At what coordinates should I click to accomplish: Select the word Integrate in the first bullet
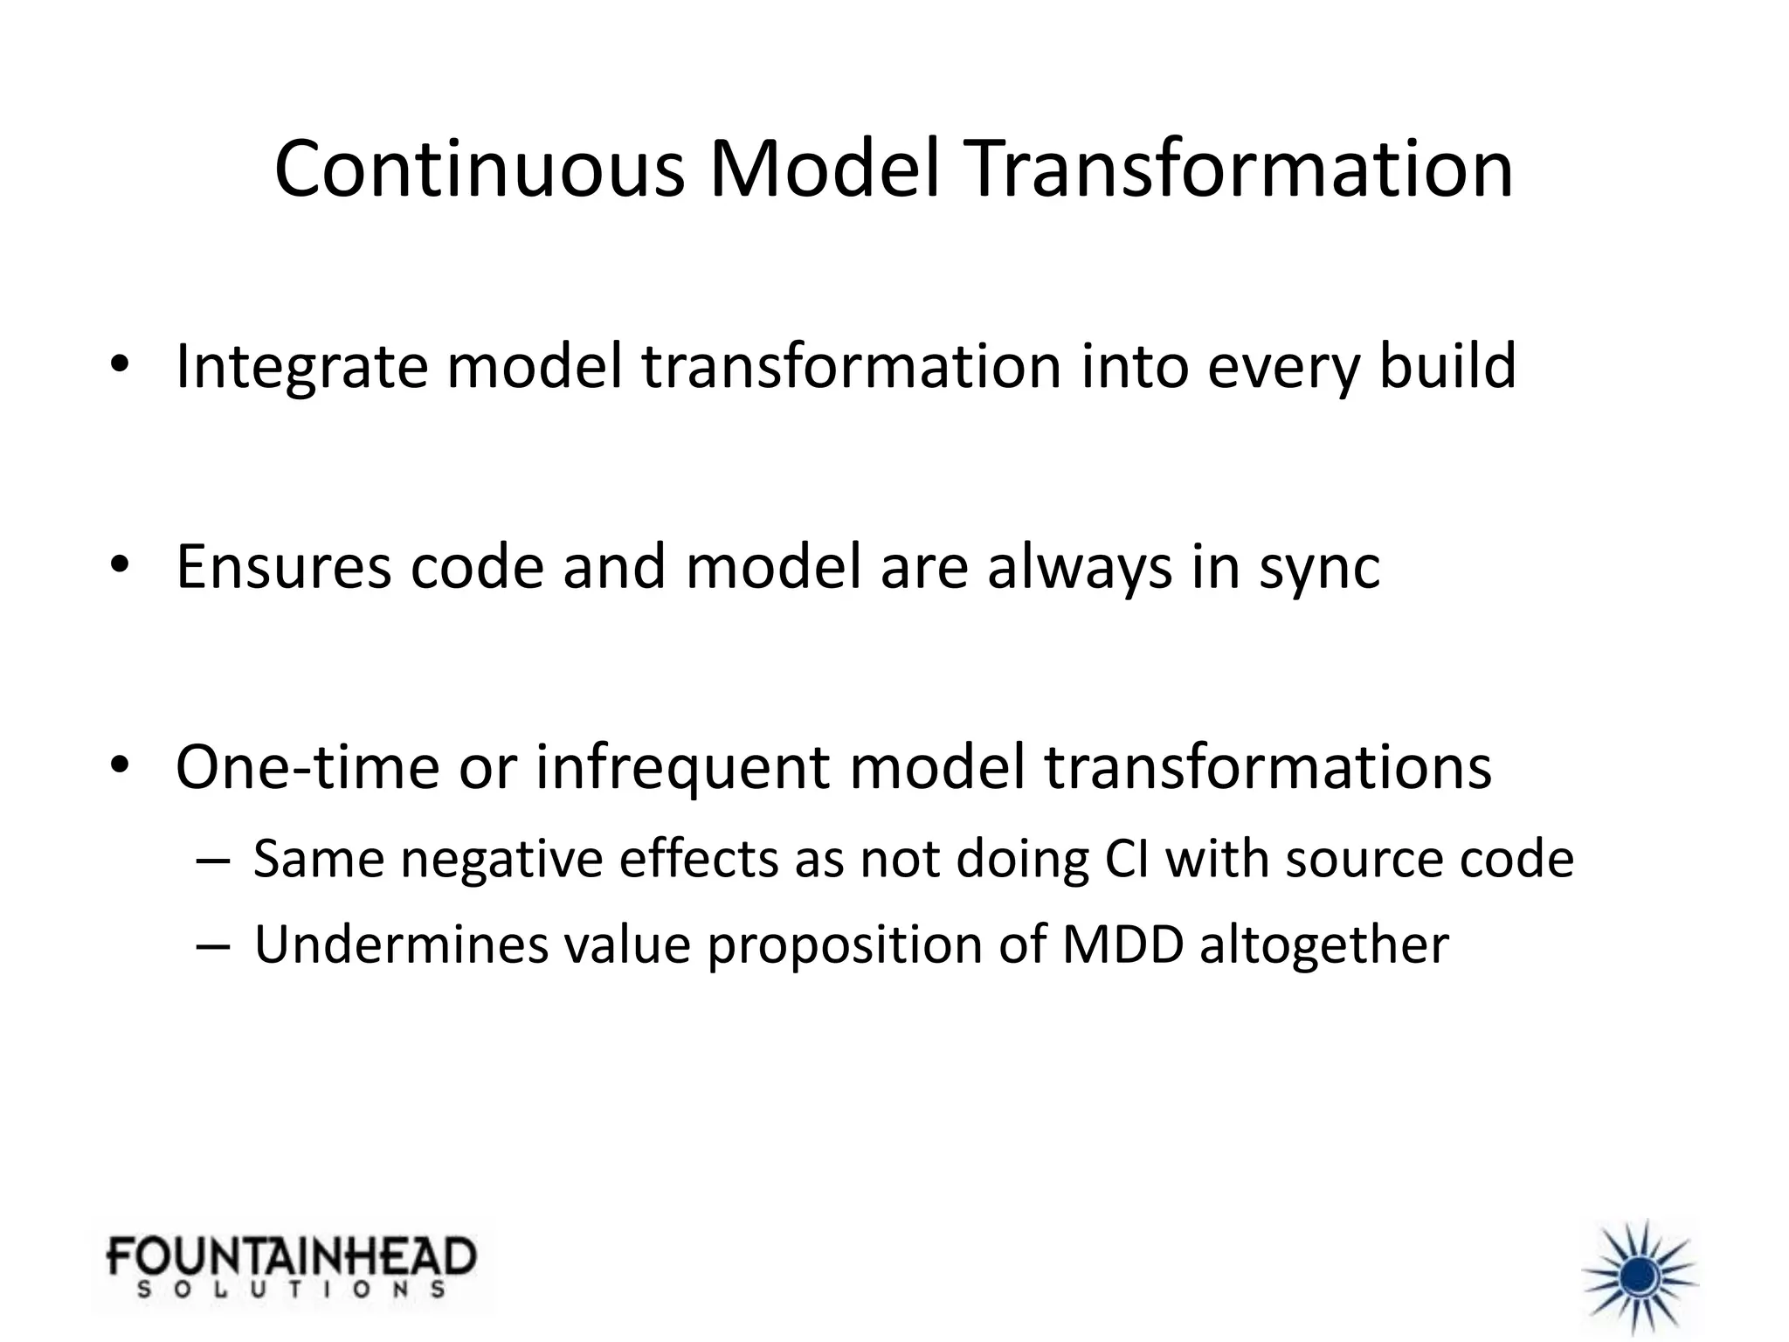coord(301,367)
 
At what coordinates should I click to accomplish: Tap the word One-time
coord(307,767)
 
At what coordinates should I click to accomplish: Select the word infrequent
coord(681,767)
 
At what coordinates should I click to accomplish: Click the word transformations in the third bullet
coord(1267,767)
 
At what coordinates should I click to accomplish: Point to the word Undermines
coord(401,944)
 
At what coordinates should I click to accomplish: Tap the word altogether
coord(1324,946)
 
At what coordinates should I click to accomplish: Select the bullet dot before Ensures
coord(120,564)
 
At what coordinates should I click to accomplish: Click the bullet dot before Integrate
coord(120,364)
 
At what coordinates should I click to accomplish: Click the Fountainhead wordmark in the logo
coord(292,1257)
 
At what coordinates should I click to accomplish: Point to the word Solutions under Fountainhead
coord(292,1290)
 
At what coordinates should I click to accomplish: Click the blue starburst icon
coord(1640,1276)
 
